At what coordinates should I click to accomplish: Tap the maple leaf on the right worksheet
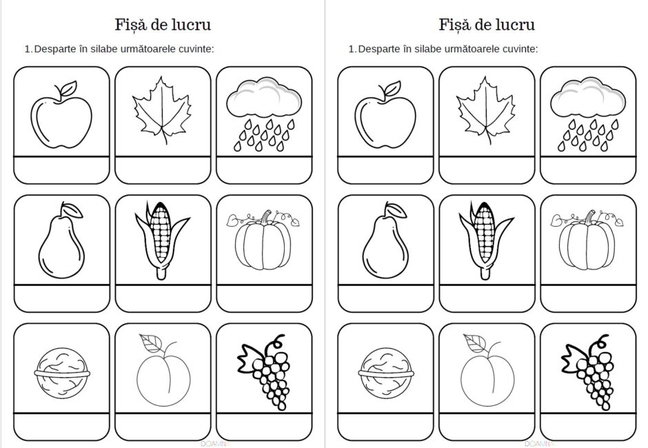(487, 111)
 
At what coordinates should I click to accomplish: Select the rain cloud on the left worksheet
(263, 114)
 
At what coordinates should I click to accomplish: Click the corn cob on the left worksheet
(161, 240)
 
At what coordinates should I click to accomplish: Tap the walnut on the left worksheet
(62, 373)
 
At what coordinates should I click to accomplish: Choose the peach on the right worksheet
(487, 371)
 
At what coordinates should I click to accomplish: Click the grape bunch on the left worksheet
(263, 372)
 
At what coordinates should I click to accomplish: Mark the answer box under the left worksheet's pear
(62, 298)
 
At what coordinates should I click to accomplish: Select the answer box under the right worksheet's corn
(487, 298)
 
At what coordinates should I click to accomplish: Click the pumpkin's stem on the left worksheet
(266, 216)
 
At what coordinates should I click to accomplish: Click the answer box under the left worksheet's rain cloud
(264, 170)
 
